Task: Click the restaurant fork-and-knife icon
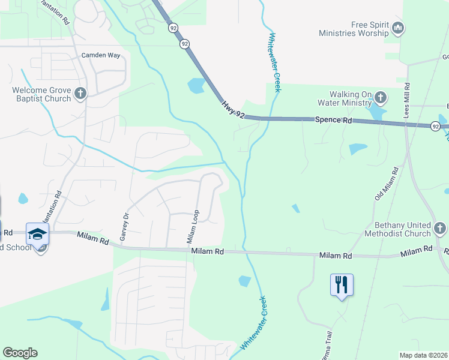tap(342, 284)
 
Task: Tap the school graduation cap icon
tap(37, 234)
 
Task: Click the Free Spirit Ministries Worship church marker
tap(398, 28)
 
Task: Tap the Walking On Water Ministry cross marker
tap(379, 97)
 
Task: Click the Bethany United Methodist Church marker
tap(439, 228)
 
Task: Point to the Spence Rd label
tap(333, 121)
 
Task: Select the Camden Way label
tap(101, 55)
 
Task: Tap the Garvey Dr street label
tap(125, 227)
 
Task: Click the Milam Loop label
tap(192, 227)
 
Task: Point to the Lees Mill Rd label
tap(406, 100)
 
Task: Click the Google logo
tap(20, 353)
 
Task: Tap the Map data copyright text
tap(424, 355)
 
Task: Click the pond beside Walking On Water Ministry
tap(377, 111)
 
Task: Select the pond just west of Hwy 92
tap(196, 86)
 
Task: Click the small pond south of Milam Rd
tap(244, 280)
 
